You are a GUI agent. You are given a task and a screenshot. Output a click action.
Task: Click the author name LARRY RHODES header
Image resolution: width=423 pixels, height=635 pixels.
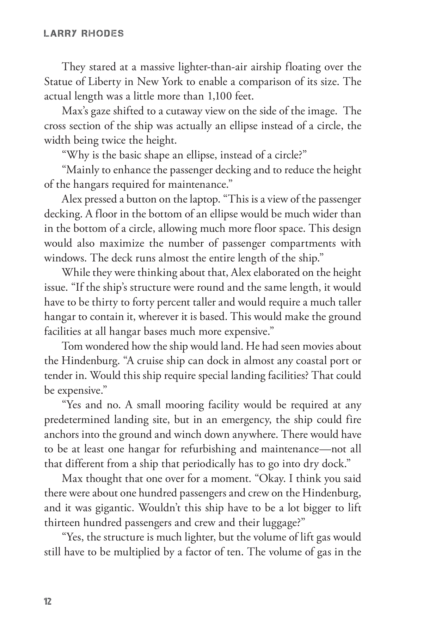coord(84,34)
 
